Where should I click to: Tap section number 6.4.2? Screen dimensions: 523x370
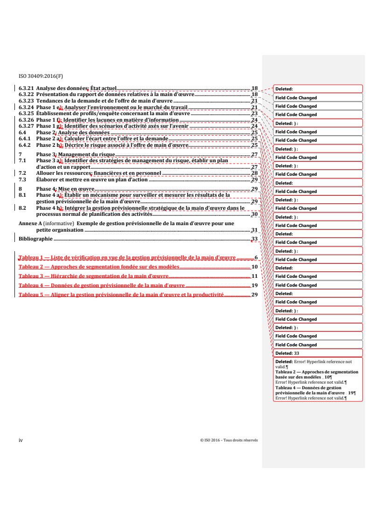pos(24,145)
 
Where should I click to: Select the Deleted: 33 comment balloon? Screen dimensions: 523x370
pos(317,353)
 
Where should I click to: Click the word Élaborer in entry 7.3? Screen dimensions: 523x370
pos(47,179)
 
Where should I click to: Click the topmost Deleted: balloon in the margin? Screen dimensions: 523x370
pos(317,89)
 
